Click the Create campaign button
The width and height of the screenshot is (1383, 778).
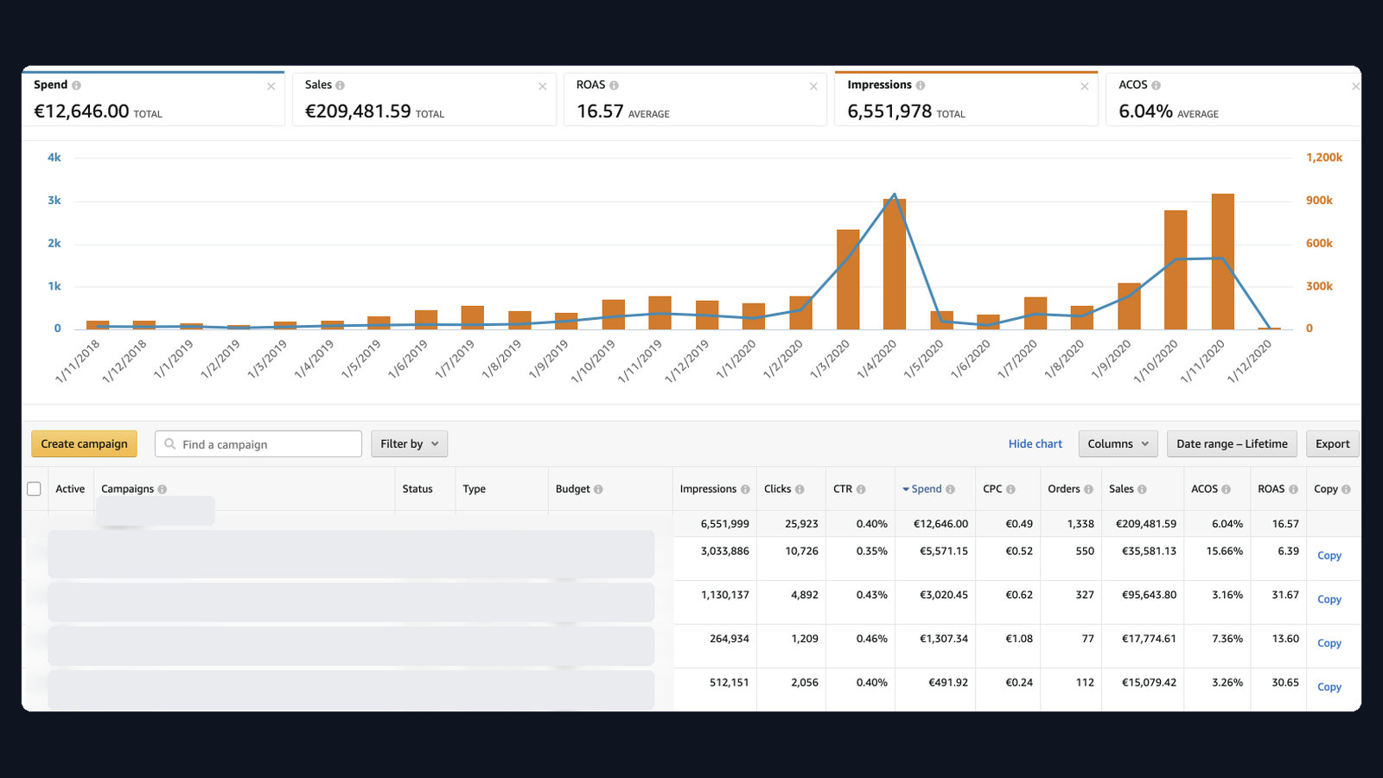84,444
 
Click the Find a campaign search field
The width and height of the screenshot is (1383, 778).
258,444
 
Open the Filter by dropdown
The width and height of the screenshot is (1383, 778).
410,444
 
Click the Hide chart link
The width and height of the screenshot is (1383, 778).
1035,444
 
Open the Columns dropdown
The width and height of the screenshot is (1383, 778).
1118,444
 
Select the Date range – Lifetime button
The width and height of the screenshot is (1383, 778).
1232,444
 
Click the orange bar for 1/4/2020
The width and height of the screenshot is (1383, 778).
894,264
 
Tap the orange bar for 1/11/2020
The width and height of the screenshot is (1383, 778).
1222,261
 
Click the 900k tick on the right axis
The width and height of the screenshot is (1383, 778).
1319,201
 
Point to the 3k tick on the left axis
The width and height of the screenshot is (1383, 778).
54,201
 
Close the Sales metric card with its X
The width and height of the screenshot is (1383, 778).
542,86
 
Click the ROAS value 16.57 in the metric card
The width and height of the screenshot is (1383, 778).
600,112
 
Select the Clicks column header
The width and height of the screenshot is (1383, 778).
777,489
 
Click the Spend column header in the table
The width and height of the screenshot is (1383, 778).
927,489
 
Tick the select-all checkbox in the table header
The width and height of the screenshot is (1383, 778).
34,489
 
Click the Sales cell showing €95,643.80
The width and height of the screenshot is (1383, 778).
1149,595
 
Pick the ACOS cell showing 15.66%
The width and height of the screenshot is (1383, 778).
1224,551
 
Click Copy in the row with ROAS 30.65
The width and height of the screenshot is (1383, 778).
1329,686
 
